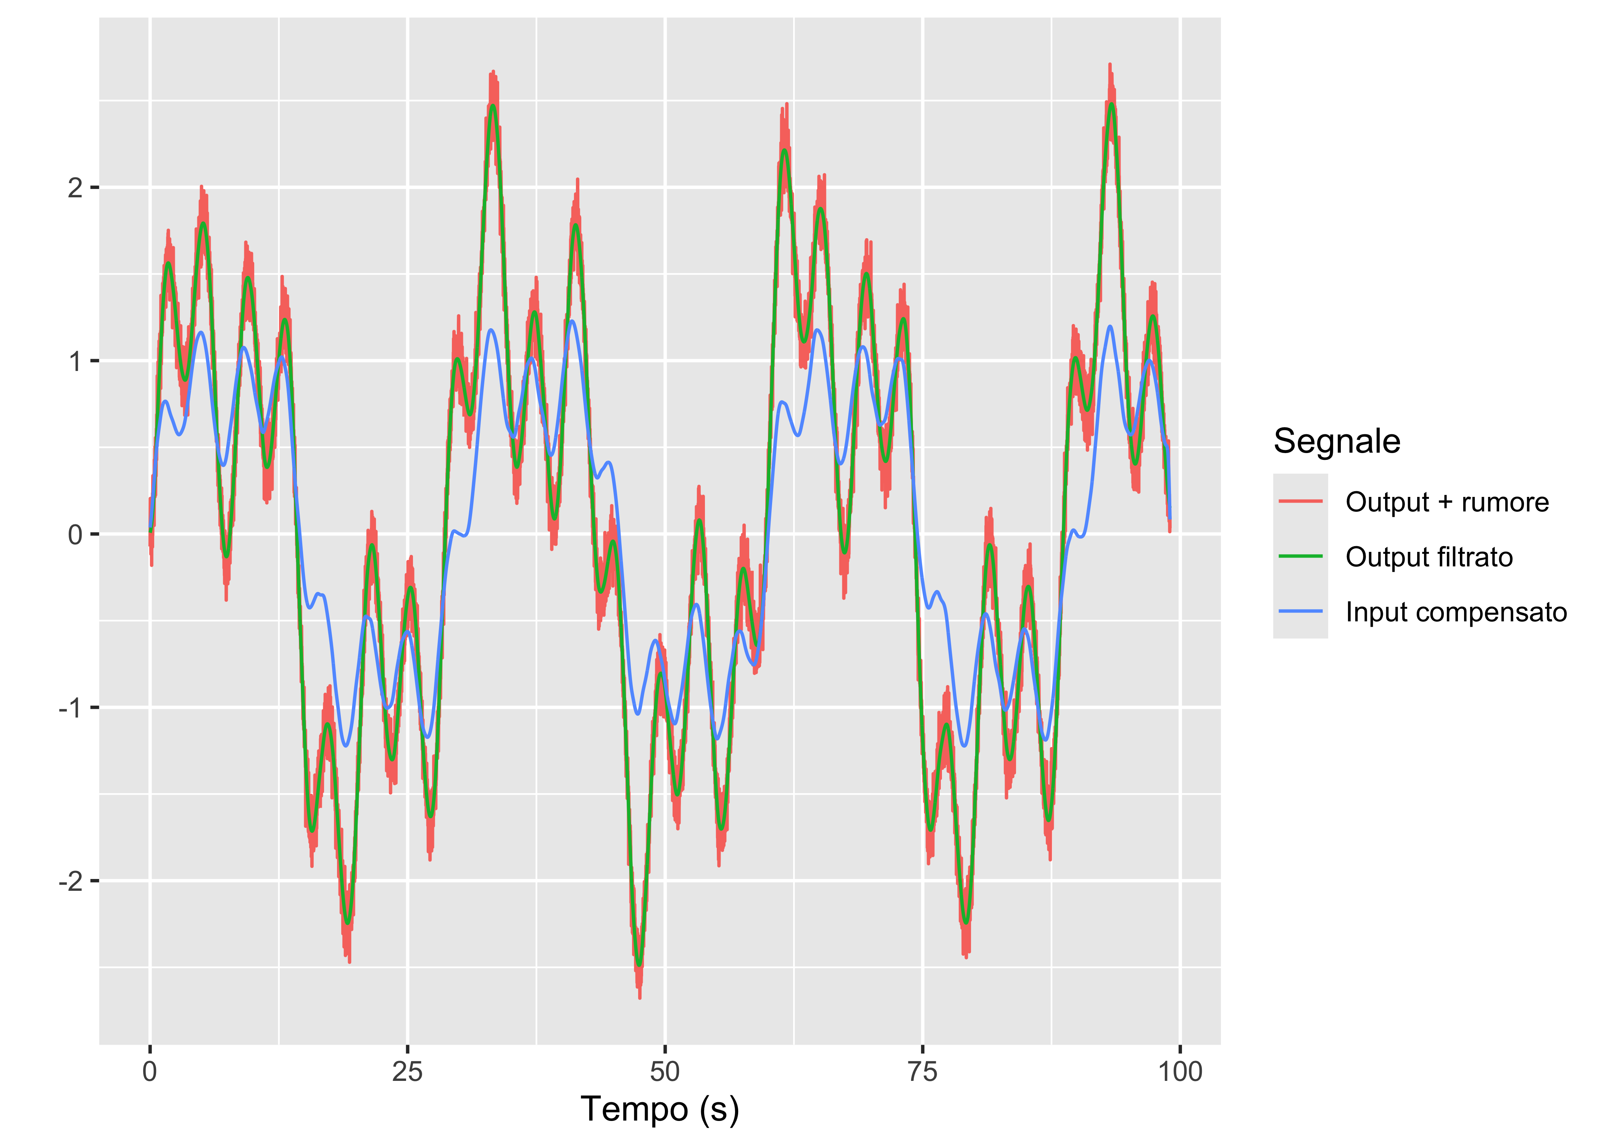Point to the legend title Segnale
1337,441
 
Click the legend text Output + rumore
1447,502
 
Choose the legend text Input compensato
1456,612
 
